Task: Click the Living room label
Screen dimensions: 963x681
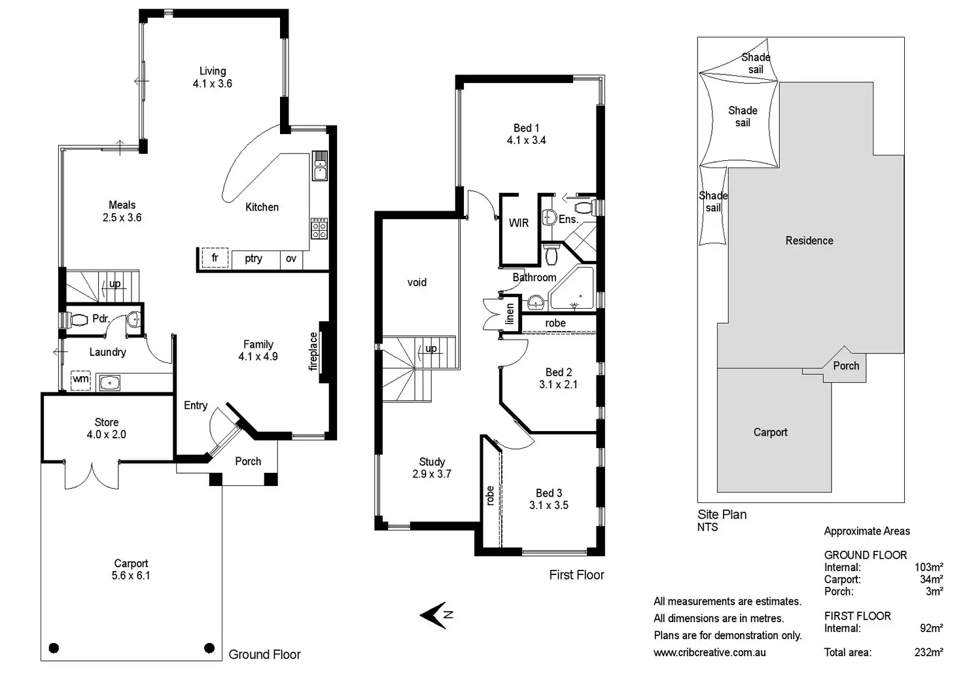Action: pos(213,77)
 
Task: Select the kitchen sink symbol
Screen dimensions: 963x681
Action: pos(320,166)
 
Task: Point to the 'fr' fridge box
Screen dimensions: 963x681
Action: pos(215,258)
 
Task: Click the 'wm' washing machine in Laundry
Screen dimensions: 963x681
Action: pos(80,379)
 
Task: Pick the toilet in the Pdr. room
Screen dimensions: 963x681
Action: pos(78,320)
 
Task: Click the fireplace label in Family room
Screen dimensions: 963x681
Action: pos(313,351)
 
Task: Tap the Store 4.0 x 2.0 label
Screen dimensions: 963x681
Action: pos(107,428)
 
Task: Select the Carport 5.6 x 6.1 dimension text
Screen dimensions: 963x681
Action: pos(131,576)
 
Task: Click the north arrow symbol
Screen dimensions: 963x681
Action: pos(435,615)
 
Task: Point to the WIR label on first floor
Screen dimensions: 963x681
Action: pos(519,223)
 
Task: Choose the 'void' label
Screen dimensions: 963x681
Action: pos(417,283)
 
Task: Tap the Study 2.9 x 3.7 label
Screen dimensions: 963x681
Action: pos(432,468)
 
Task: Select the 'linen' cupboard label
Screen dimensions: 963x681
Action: pos(510,315)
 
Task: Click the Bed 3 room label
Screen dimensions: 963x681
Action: pos(549,499)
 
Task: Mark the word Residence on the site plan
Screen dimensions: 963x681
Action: pos(809,241)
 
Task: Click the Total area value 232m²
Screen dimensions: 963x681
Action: pos(928,652)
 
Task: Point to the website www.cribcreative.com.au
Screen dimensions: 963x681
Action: pos(709,652)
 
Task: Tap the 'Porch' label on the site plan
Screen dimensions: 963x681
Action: pos(846,366)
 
